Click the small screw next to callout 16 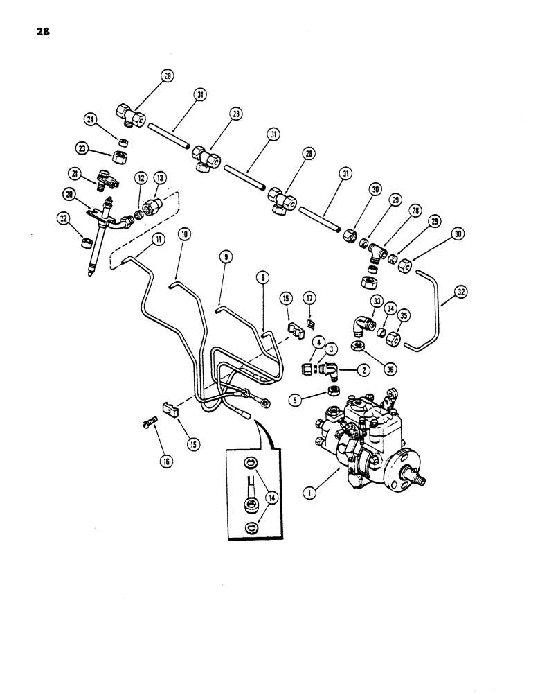[x=148, y=440]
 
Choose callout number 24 [x=90, y=119]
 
